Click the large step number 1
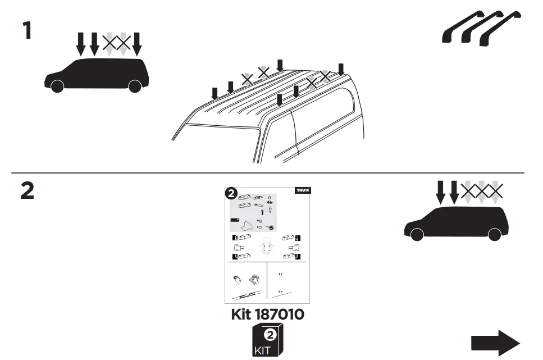pyautogui.click(x=26, y=30)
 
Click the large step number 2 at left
pyautogui.click(x=27, y=192)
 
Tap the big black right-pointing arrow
pyautogui.click(x=495, y=343)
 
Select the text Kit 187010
pyautogui.click(x=267, y=314)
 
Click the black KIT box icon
pyautogui.click(x=267, y=341)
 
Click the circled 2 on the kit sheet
pyautogui.click(x=230, y=194)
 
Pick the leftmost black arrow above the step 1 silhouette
pyautogui.click(x=81, y=43)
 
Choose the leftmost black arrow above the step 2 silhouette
pyautogui.click(x=441, y=191)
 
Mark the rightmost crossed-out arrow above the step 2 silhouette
pyautogui.click(x=495, y=192)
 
